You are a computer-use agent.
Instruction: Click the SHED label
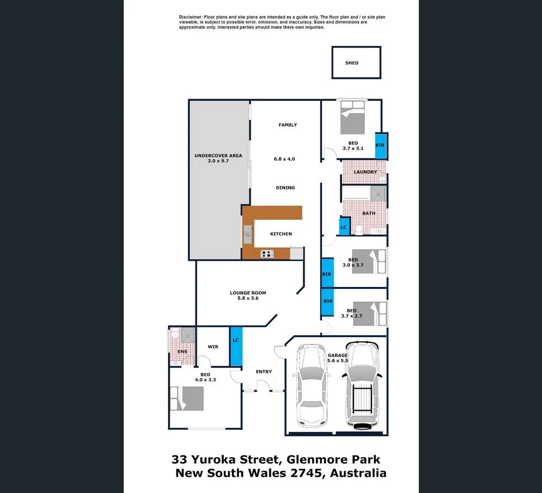352,63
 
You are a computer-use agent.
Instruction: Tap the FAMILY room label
288,125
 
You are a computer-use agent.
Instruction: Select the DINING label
285,188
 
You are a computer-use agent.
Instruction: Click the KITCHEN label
281,234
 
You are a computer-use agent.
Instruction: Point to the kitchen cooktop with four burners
267,254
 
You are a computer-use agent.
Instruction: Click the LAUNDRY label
365,172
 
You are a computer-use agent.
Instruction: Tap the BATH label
369,213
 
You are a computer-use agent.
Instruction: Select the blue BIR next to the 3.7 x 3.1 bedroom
380,145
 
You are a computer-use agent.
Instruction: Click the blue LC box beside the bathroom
344,227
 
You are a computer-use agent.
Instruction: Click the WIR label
213,347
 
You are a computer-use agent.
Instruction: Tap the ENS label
183,352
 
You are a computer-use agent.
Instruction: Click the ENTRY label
264,371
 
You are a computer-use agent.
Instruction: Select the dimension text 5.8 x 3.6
247,299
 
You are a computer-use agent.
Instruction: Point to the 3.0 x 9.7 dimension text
218,161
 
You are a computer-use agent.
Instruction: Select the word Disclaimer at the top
193,17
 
